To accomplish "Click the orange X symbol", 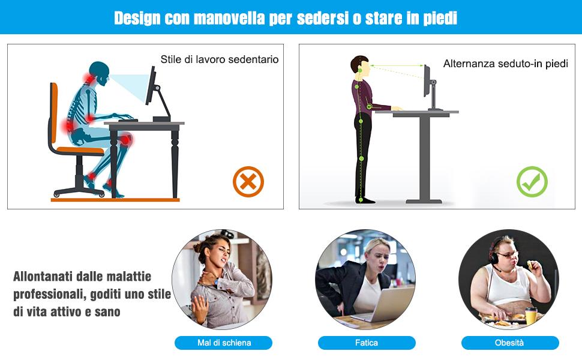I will tap(248, 182).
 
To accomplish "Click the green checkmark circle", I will tap(532, 182).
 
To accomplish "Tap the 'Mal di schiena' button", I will tap(224, 343).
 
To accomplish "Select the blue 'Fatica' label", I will tap(367, 343).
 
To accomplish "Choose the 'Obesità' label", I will tap(509, 343).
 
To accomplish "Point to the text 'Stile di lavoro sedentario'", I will tap(219, 60).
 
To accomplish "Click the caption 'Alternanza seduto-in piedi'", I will tap(505, 64).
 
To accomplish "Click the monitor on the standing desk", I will tap(427, 81).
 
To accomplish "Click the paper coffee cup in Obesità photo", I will tap(530, 316).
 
